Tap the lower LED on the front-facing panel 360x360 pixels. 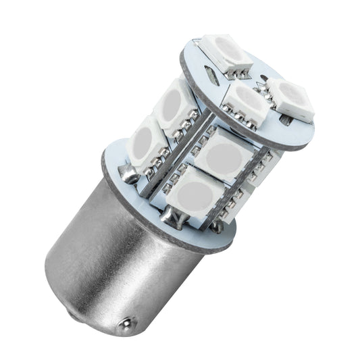(192, 193)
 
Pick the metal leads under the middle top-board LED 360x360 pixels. (245, 122)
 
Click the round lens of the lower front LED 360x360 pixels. (192, 195)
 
